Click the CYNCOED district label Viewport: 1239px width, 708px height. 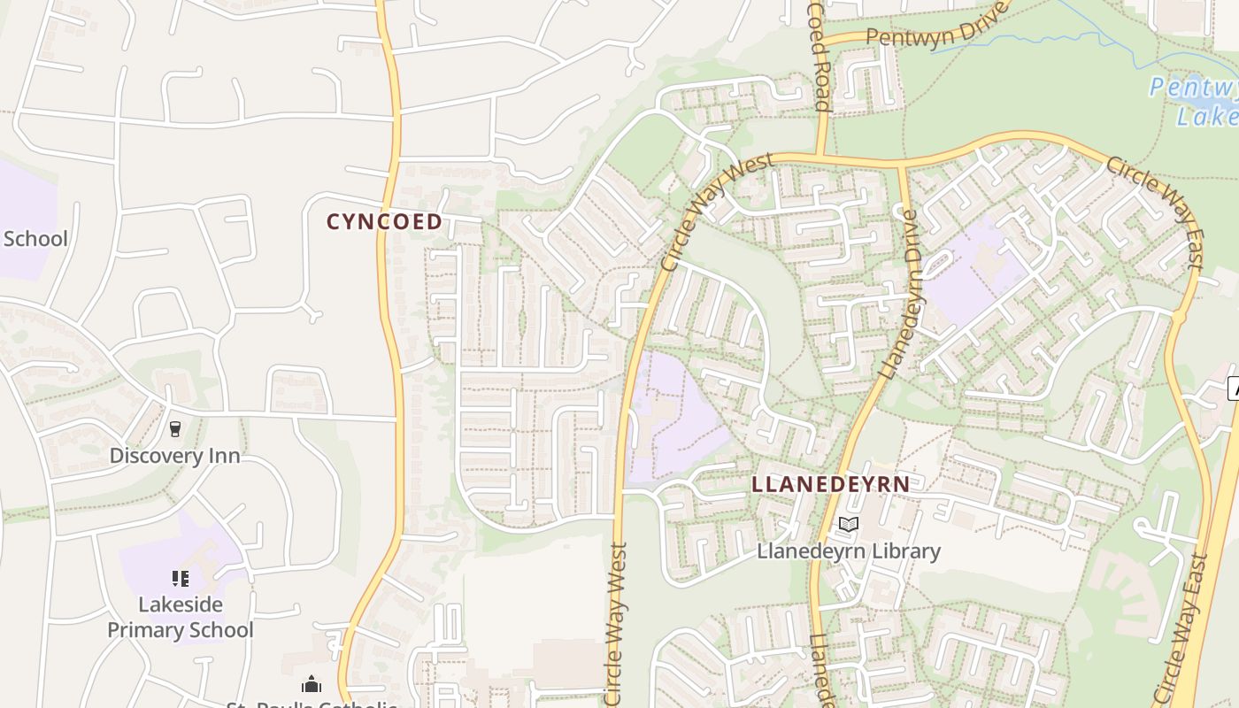384,221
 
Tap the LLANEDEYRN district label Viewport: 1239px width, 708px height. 830,484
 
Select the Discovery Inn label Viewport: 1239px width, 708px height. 174,456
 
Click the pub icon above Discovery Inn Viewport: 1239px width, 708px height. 175,429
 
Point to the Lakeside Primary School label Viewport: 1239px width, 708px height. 181,617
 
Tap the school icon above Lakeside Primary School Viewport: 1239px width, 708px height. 181,579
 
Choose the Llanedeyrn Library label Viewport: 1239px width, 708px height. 848,550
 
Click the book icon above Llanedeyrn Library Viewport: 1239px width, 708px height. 849,525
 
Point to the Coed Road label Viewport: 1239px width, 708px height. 819,55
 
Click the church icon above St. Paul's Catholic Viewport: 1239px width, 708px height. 311,684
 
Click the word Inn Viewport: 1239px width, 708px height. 223,456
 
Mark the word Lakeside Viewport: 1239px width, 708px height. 181,604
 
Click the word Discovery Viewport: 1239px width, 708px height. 156,456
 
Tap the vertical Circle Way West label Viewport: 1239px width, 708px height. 617,624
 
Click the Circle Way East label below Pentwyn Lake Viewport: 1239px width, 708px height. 1154,212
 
